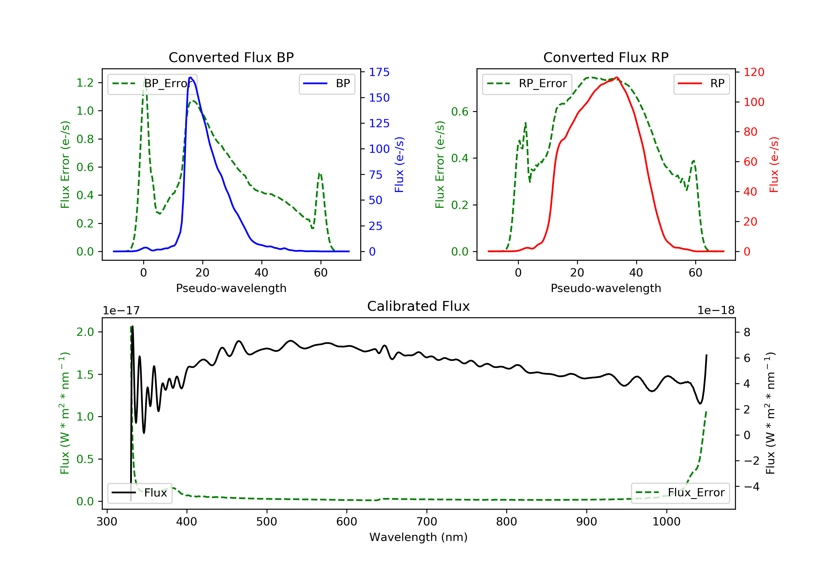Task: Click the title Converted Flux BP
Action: click(x=231, y=57)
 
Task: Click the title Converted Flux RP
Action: click(x=606, y=57)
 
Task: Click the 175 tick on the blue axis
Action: click(x=379, y=72)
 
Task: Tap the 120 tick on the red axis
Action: click(x=754, y=72)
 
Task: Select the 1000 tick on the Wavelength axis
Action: click(x=666, y=522)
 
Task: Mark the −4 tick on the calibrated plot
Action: click(x=751, y=486)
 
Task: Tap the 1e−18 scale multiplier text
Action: click(x=716, y=311)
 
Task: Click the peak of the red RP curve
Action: click(x=617, y=77)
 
